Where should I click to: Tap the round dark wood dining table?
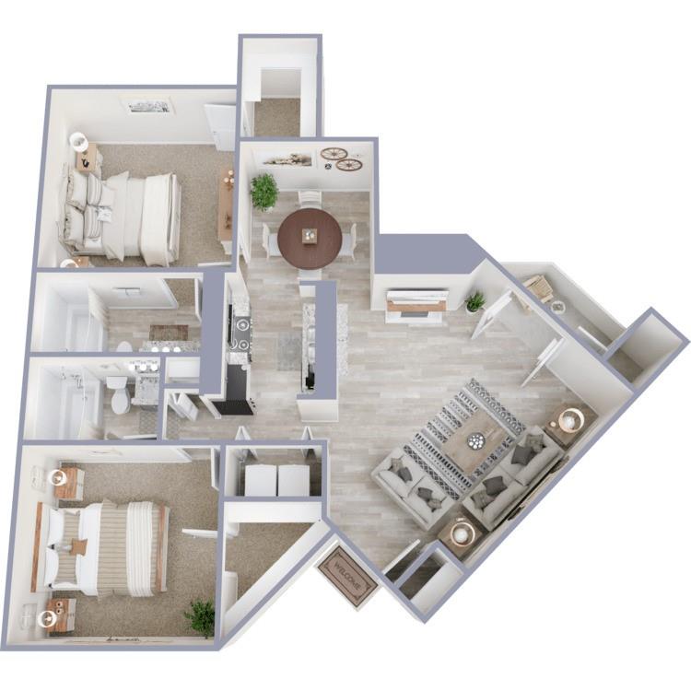coord(310,238)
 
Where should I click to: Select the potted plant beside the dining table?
coord(264,191)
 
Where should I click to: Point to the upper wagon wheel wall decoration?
coord(333,154)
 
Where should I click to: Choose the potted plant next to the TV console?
coord(475,301)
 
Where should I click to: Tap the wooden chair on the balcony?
coord(539,288)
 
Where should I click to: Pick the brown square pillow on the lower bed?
coord(79,546)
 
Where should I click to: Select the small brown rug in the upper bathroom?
coord(169,333)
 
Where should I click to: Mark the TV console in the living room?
coord(416,304)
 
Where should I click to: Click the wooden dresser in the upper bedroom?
coord(226,209)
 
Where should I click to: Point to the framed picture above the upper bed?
coord(148,106)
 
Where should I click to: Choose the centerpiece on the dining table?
coord(310,236)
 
